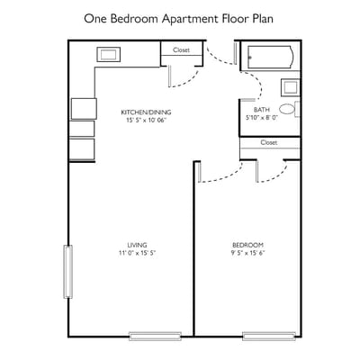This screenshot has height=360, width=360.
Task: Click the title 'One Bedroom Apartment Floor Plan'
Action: [179, 17]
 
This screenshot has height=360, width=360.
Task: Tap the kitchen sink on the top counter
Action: [108, 55]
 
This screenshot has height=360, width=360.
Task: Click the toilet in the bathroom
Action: [287, 109]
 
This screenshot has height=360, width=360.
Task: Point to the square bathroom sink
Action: [290, 87]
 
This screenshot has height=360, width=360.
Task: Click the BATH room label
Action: [261, 110]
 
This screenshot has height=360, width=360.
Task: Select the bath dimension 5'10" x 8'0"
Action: [261, 118]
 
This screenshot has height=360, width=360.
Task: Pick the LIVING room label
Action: [137, 245]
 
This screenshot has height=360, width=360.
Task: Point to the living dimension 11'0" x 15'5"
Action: [137, 253]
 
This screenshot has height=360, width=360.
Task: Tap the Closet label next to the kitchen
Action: [181, 49]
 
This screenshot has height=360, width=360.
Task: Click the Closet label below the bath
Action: [268, 142]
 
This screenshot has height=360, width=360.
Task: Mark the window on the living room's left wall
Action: [67, 272]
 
